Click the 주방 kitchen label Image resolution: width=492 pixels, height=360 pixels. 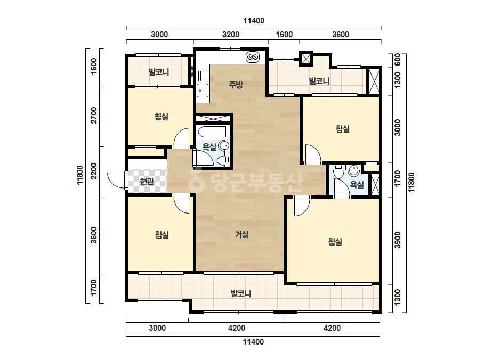coord(236,84)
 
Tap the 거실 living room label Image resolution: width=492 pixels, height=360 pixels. coord(242,234)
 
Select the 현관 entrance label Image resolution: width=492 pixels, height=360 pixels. coord(147,181)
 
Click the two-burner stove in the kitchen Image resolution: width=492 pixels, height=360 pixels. coord(253,57)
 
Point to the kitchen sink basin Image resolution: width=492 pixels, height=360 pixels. coord(203,91)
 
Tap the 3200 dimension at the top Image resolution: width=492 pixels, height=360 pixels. coord(231,35)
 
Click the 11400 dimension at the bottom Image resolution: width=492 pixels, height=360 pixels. coord(253,342)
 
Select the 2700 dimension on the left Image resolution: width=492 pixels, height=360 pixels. coord(94,116)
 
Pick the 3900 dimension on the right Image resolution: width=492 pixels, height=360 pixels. coord(398,240)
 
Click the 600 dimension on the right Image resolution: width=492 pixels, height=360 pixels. coord(397,60)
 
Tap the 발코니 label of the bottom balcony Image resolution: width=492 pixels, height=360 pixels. coord(240,294)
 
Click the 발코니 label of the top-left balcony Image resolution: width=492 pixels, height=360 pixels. coord(159,72)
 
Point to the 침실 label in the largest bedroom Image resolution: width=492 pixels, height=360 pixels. coord(335,241)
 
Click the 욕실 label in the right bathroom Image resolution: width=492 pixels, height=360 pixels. coord(357,185)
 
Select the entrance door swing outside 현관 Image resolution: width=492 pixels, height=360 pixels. coord(117,181)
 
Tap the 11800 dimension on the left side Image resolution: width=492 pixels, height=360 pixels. coord(80,175)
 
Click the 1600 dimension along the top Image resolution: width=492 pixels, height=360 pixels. coord(284,35)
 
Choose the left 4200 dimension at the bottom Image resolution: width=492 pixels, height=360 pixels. coord(237,328)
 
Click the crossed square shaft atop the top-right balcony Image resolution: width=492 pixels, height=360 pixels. coord(306,59)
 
